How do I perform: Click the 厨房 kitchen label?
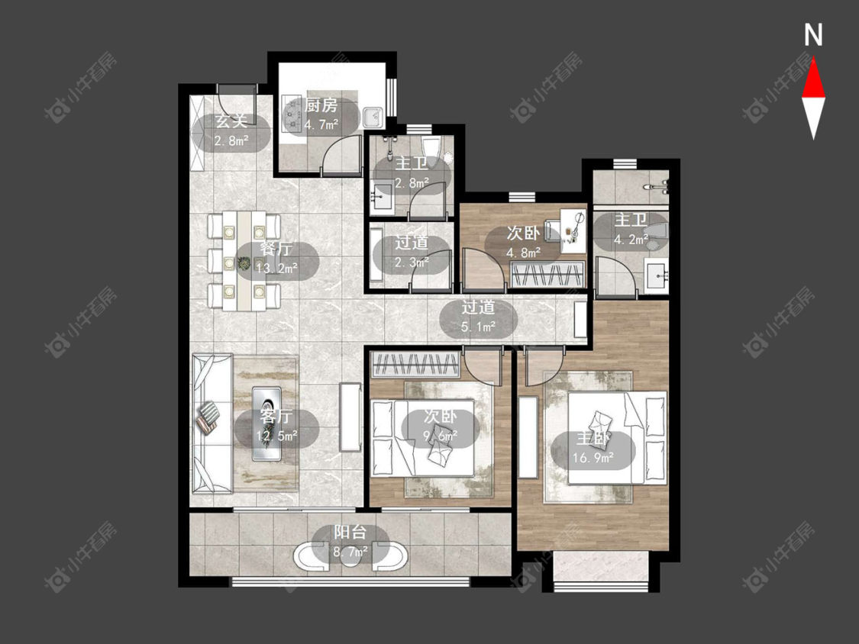coord(321,105)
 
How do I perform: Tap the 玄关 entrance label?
coord(231,121)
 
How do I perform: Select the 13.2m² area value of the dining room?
coord(276,267)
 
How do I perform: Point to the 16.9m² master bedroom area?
coord(593,457)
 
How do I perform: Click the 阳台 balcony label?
coord(350,533)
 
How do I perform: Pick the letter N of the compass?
coord(813,35)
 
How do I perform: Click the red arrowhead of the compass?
coord(813,79)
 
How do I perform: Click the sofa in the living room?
coord(212,423)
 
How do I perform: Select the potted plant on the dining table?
coord(244,264)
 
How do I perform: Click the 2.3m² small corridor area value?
coord(412,262)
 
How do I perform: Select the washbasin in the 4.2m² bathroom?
coord(656,277)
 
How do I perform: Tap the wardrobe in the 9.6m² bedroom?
coord(415,365)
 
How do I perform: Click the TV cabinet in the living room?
coord(350,417)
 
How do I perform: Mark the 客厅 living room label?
coord(276,416)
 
